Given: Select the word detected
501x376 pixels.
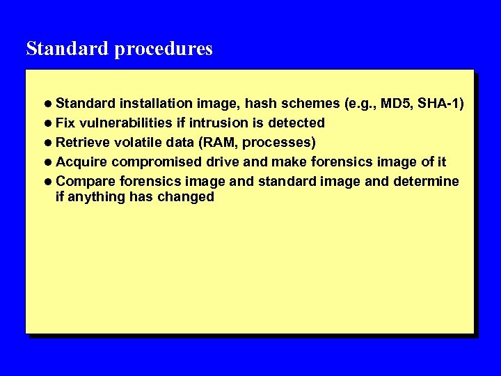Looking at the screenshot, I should tap(299, 123).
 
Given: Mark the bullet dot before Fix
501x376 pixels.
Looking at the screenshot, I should tap(49, 124).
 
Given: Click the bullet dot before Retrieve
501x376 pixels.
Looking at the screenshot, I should tap(49, 143).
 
